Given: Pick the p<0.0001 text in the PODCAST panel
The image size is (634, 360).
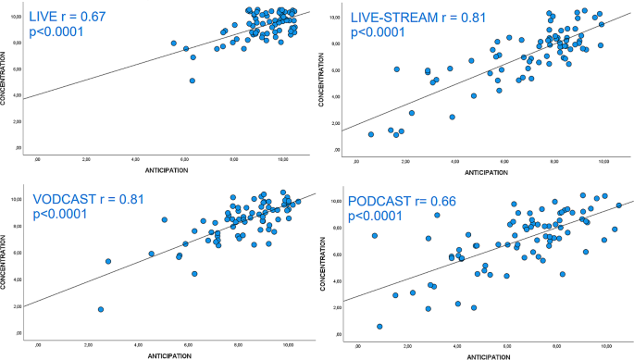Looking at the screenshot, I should pos(379,217).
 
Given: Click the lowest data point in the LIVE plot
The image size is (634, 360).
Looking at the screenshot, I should pos(192,81).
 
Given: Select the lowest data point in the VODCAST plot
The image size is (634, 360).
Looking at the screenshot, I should pos(100,309).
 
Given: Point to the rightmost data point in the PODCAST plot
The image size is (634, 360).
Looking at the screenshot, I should pos(618,205).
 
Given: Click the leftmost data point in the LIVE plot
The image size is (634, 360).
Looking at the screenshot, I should pos(173,43).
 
